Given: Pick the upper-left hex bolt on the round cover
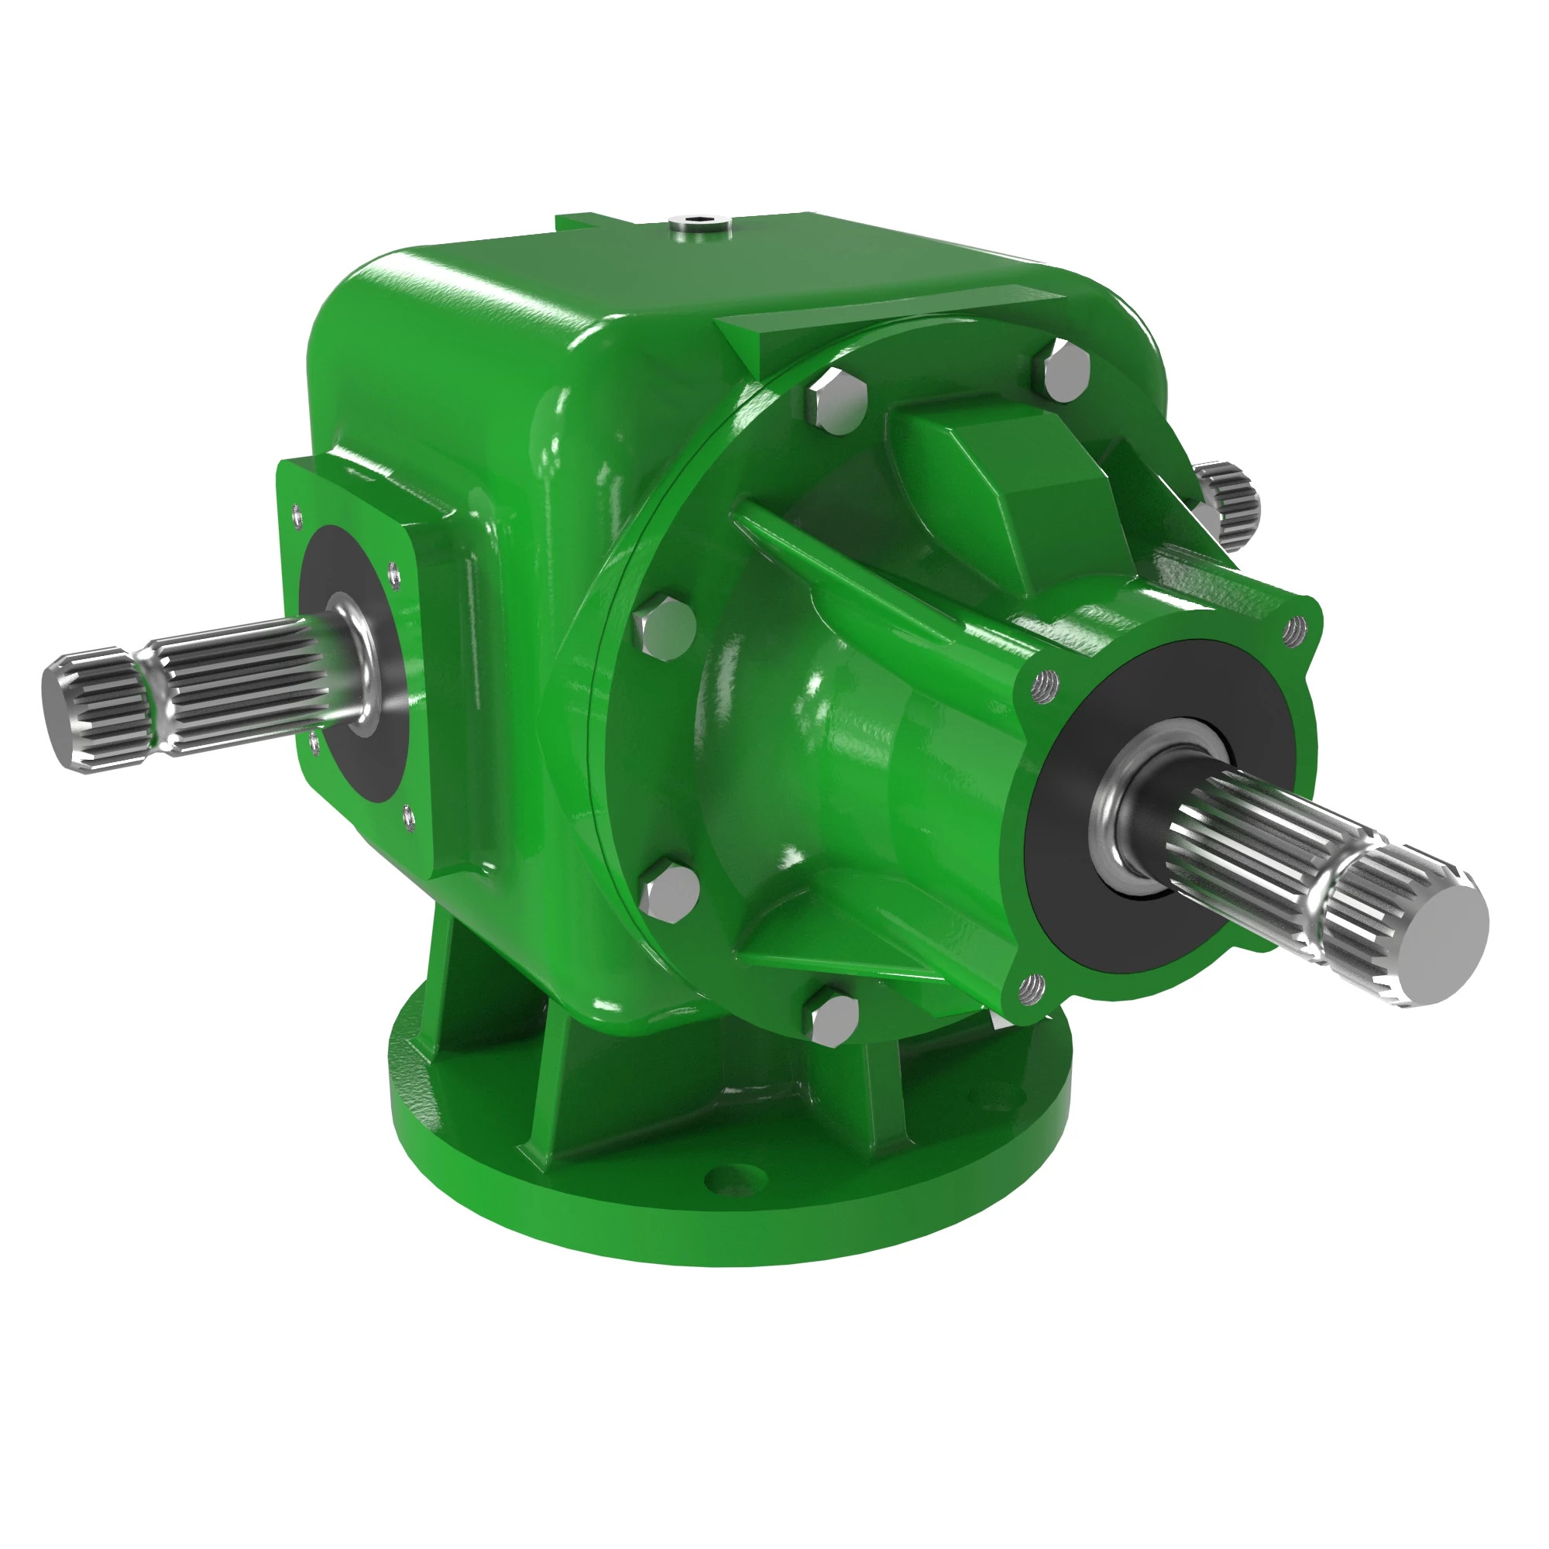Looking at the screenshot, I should click(x=836, y=401).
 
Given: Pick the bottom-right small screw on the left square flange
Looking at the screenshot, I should click(x=408, y=816).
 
